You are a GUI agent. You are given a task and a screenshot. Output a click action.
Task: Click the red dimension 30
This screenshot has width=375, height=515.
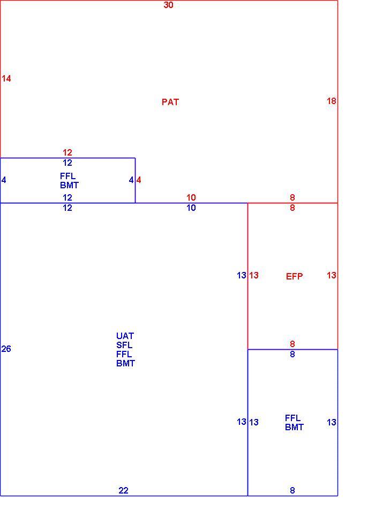click(168, 5)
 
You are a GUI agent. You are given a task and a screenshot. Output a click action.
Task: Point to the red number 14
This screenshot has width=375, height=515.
click(6, 78)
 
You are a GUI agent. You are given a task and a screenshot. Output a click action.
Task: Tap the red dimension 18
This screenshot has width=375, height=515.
click(332, 101)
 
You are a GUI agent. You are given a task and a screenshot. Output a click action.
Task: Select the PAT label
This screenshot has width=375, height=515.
click(170, 102)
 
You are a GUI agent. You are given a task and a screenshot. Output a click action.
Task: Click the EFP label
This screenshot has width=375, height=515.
click(294, 276)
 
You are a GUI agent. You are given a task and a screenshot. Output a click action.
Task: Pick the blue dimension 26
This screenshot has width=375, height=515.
click(6, 349)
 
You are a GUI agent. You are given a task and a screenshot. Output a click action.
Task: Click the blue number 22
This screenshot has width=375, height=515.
click(123, 490)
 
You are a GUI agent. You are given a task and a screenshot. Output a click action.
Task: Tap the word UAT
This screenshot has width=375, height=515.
click(125, 336)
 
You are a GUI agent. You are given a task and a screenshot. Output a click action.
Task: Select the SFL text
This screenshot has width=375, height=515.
click(124, 345)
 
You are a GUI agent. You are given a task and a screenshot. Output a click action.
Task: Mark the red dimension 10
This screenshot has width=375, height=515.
click(191, 197)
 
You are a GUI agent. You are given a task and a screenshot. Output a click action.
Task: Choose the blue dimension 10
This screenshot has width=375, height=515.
click(191, 208)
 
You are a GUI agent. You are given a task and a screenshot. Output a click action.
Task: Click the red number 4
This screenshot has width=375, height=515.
click(139, 180)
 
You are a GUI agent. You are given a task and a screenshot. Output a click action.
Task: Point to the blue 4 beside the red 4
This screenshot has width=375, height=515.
click(131, 180)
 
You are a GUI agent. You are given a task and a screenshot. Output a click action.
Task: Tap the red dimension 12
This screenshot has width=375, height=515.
click(67, 152)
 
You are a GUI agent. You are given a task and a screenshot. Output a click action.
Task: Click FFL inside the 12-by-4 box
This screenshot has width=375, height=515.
click(67, 176)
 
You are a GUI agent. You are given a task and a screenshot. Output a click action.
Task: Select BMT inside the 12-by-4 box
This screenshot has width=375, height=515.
click(69, 185)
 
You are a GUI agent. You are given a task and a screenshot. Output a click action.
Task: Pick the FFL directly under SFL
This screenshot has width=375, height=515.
click(124, 355)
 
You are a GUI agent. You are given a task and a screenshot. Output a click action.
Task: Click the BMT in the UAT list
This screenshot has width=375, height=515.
click(126, 364)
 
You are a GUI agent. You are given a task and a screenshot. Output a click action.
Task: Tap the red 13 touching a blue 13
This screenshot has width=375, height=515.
click(253, 275)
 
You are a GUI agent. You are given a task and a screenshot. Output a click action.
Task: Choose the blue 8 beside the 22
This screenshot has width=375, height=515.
click(292, 490)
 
